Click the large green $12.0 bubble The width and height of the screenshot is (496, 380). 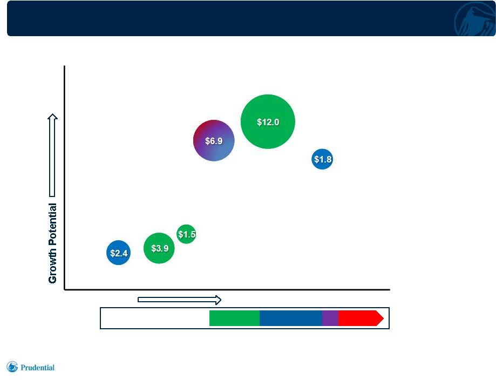[x=268, y=121]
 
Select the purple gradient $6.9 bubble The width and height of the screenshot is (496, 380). [x=214, y=140]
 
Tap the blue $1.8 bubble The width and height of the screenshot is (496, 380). [x=322, y=159]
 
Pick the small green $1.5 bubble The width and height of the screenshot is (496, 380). [x=186, y=234]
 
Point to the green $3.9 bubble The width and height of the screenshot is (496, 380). [x=159, y=248]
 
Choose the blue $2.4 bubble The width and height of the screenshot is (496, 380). [x=118, y=253]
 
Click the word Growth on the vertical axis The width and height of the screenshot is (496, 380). [x=52, y=265]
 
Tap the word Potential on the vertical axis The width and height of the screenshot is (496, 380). [x=52, y=225]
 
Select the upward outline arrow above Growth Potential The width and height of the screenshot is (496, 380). [x=52, y=155]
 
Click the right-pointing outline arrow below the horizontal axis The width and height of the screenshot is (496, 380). [x=179, y=300]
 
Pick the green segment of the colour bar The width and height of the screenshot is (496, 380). [x=234, y=318]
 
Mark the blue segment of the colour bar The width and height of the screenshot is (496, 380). [x=291, y=318]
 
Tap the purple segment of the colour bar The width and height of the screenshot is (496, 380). [x=330, y=318]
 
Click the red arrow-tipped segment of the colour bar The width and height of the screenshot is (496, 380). [x=361, y=318]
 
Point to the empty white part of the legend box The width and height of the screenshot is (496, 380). [x=155, y=318]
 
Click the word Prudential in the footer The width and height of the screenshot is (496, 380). [x=37, y=368]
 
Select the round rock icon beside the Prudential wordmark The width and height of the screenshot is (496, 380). [x=12, y=367]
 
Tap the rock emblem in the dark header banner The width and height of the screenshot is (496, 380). [x=474, y=19]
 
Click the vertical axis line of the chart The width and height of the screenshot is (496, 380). [x=65, y=178]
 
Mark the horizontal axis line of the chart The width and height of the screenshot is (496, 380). [x=227, y=289]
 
